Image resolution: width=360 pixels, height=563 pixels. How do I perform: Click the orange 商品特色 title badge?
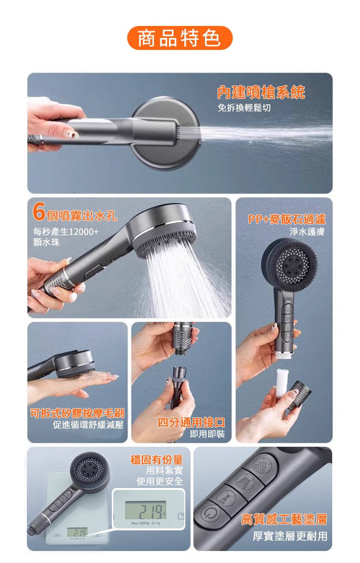tap(180, 38)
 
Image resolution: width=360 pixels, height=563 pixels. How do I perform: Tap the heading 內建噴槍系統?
tap(261, 93)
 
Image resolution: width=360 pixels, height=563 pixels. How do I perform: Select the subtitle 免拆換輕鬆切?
tap(244, 108)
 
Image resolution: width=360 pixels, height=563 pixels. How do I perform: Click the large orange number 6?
tap(39, 211)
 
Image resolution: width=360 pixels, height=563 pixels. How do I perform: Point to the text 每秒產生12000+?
tap(66, 232)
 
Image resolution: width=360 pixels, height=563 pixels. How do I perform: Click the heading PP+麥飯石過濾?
tap(287, 219)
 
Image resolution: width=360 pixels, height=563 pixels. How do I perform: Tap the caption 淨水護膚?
tap(307, 232)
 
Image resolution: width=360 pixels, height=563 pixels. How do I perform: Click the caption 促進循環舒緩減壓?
tap(88, 425)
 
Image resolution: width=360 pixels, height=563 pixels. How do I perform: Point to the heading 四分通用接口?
tap(192, 422)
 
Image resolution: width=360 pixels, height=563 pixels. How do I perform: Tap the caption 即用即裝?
tap(207, 434)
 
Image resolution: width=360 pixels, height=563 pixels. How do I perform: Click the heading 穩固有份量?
tap(156, 460)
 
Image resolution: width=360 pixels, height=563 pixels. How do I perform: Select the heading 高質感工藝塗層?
tap(284, 519)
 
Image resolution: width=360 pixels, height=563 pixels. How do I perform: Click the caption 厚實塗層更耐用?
tap(290, 536)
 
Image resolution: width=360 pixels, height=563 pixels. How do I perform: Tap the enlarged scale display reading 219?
tap(146, 510)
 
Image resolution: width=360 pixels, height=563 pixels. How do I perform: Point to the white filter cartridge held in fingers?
tap(281, 383)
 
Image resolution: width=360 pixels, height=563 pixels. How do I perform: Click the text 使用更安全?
tap(160, 481)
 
